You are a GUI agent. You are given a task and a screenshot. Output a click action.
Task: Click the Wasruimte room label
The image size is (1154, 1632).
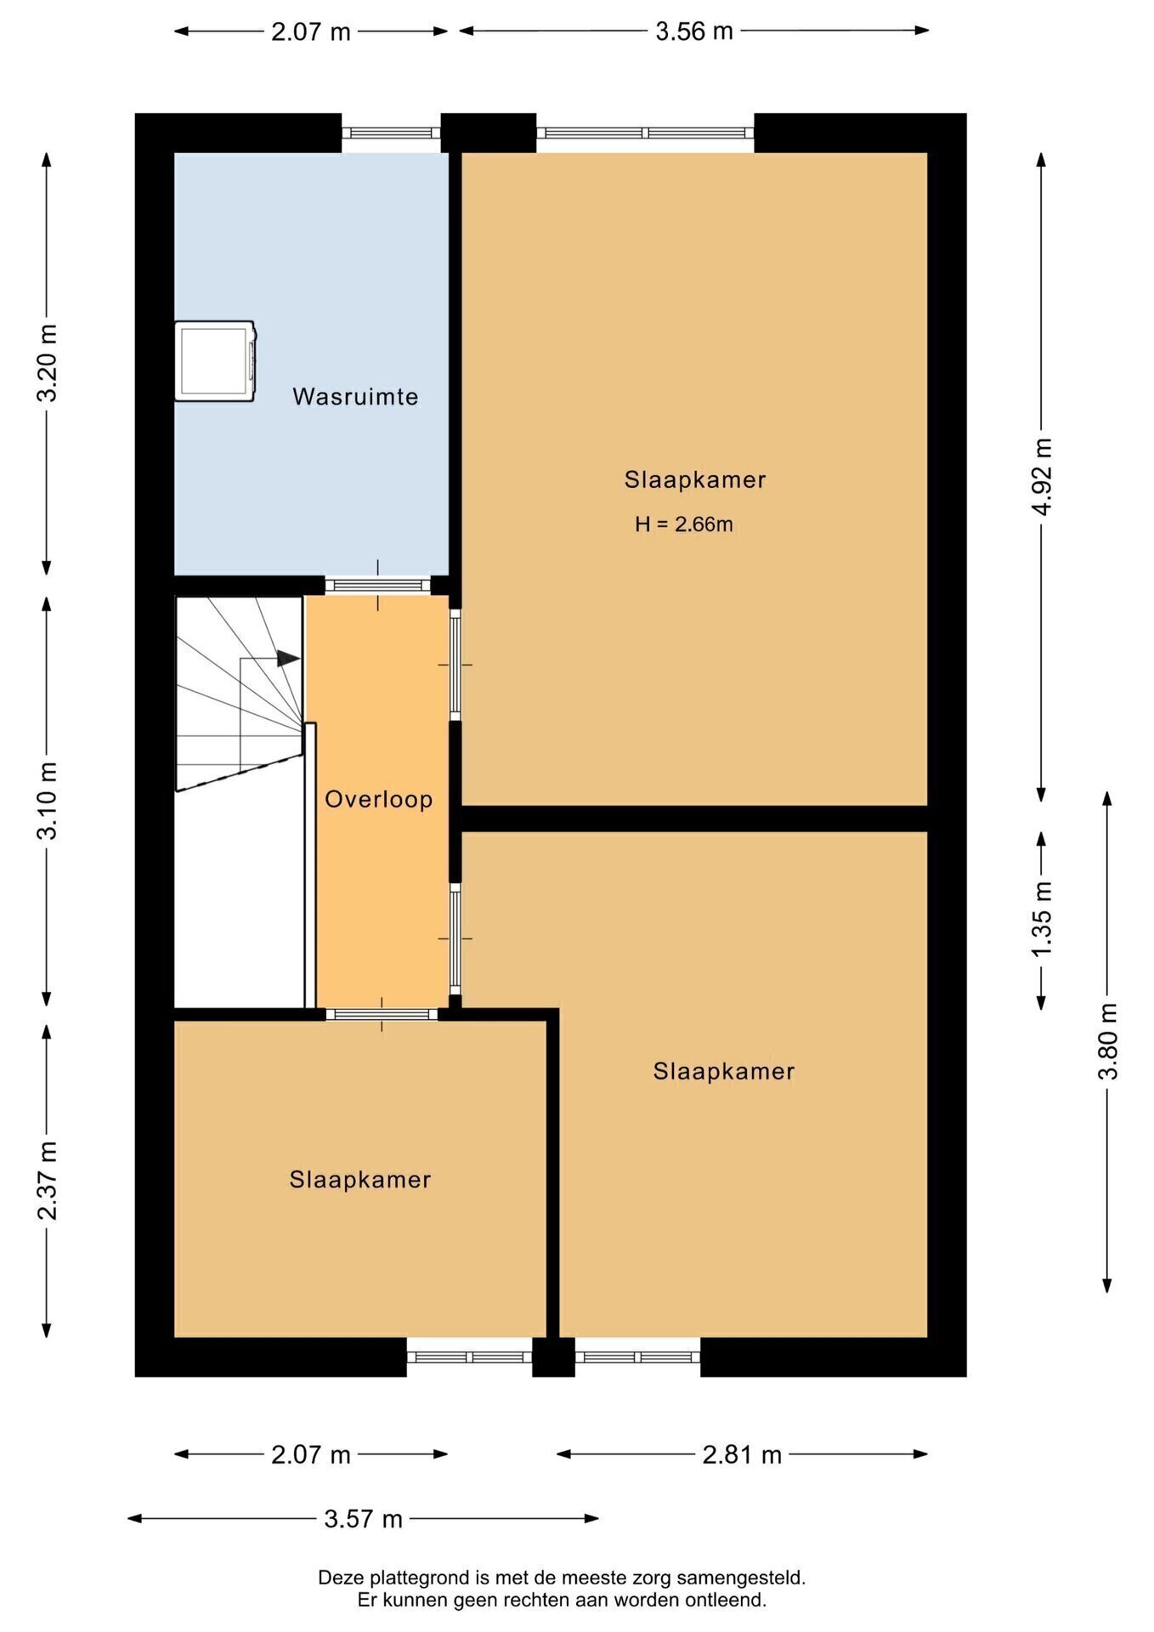pos(355,397)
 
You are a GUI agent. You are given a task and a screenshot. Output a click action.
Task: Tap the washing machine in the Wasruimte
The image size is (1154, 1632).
pos(215,360)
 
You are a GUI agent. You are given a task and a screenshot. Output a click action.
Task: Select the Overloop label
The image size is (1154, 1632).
pos(379,800)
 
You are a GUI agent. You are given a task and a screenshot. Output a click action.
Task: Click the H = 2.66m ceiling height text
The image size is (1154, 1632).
pos(684,524)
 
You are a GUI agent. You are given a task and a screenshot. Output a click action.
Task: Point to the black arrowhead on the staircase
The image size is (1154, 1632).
pos(288,659)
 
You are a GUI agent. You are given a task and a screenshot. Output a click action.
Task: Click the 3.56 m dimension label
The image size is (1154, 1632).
pos(694,31)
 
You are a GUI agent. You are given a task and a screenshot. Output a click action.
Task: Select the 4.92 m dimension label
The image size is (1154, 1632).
pos(1043,476)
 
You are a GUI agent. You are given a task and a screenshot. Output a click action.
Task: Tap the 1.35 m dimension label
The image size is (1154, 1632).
pos(1043,919)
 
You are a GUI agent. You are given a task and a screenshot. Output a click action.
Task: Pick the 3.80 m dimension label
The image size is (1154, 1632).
pos(1108,1041)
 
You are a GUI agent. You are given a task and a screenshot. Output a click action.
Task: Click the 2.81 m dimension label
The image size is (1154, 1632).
pos(742,1455)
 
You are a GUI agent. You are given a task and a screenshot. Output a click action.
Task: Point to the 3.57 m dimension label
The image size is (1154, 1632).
pos(363,1519)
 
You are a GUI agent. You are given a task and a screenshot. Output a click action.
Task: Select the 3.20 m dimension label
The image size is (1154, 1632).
pos(48,363)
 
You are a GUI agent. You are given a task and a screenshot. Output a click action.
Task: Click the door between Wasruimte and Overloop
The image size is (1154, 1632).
pos(378,585)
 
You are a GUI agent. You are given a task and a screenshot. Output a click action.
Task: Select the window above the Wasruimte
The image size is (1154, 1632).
pos(392,133)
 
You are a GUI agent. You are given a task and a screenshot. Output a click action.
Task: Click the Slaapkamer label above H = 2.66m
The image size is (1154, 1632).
pos(695,480)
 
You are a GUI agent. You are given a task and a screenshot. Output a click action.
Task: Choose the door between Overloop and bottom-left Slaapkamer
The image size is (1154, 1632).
pos(382,1014)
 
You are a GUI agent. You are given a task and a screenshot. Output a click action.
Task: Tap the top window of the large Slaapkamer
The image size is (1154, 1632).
pos(645,133)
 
